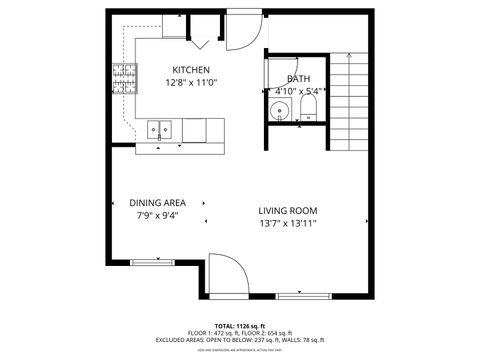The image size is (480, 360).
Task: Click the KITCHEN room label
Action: tap(190, 69)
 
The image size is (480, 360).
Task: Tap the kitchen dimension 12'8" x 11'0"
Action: tap(190, 82)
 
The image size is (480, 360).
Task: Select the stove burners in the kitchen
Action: tap(125, 73)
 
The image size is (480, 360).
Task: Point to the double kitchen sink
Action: tap(159, 129)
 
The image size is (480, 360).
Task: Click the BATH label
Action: tap(298, 79)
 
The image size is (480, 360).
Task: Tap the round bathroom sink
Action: tap(280, 111)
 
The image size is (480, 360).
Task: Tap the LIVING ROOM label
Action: tap(288, 210)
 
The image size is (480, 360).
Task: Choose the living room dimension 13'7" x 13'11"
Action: tap(288, 224)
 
